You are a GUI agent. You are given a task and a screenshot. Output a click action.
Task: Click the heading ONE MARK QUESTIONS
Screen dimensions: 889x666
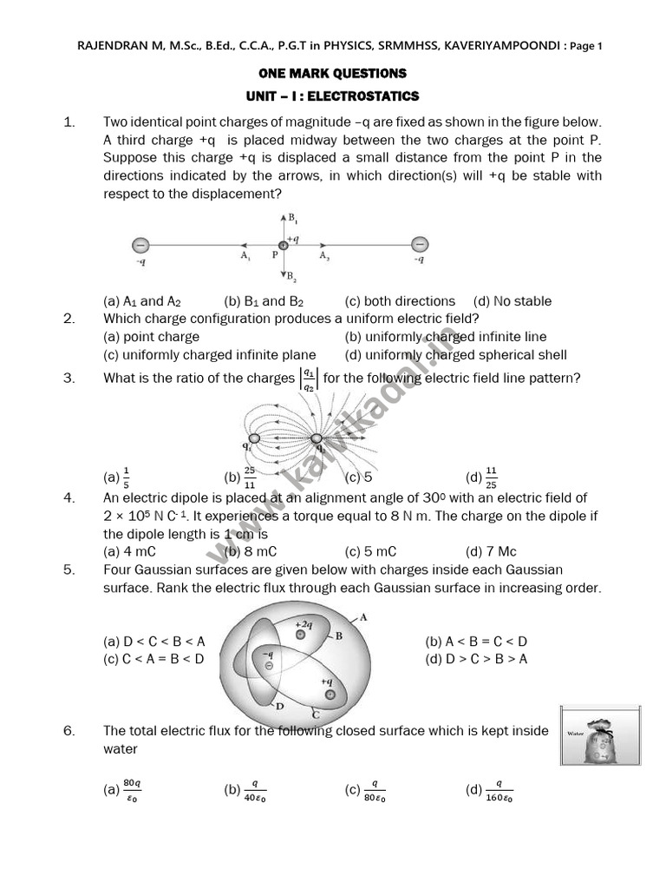tap(332, 74)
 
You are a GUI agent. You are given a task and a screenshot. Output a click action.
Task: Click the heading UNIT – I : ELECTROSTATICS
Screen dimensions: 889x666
tap(332, 96)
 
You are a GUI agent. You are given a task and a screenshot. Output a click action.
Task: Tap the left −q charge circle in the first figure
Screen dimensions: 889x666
tap(140, 245)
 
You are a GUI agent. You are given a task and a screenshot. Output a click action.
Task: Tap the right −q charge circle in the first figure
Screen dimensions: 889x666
tap(419, 244)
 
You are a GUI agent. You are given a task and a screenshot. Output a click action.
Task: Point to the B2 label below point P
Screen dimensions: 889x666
tap(294, 278)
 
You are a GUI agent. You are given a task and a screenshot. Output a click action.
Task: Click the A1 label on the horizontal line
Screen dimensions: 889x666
tap(245, 256)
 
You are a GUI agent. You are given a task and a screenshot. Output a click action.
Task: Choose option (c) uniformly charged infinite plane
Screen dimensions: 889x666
tap(209, 354)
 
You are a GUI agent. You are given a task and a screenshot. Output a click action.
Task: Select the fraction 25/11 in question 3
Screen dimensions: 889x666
tap(249, 477)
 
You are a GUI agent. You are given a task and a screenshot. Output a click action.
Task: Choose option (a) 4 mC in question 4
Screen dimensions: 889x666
tap(129, 551)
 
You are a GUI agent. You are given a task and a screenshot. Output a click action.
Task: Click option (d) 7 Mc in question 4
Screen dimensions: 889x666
tap(491, 551)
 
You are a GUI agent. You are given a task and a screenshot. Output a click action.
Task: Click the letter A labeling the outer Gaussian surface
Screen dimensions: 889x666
tap(364, 616)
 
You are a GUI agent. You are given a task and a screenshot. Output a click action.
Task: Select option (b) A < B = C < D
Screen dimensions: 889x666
tap(476, 642)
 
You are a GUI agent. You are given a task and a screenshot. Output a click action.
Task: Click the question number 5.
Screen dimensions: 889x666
tap(69, 570)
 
